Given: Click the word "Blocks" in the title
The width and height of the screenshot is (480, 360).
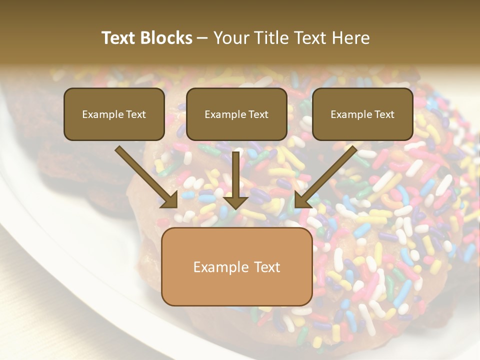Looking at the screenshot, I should (166, 38).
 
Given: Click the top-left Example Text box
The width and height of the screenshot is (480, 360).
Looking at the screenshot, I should (114, 114).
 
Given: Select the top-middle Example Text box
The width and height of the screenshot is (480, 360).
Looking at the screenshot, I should (236, 114).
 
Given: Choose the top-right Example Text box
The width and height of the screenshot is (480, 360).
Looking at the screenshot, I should (362, 114).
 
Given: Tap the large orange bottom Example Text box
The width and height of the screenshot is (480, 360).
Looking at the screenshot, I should (236, 267).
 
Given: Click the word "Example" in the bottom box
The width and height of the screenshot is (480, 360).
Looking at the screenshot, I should (217, 267).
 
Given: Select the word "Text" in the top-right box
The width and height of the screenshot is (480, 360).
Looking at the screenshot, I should (384, 114).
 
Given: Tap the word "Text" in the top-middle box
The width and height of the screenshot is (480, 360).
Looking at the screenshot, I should (258, 114).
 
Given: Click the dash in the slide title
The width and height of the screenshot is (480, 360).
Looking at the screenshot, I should (202, 38).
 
